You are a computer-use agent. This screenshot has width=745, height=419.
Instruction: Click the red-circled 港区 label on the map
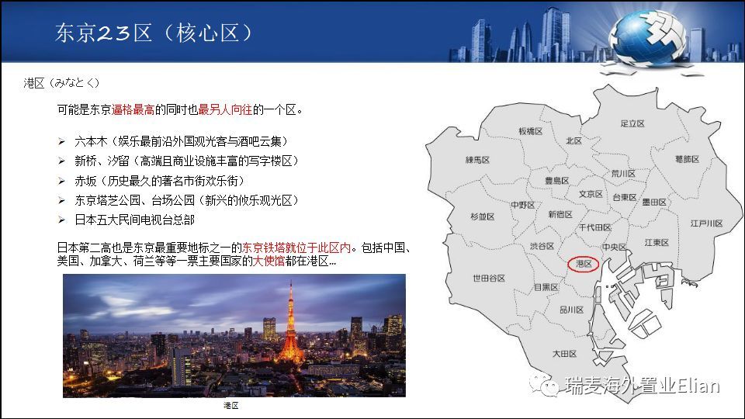click(584, 264)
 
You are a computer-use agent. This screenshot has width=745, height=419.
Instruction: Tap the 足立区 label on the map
click(632, 123)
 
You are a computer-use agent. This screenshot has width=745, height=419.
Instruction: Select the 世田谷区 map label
click(488, 278)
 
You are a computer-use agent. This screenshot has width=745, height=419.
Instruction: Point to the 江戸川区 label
click(706, 223)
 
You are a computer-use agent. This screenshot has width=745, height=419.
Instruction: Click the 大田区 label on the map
click(564, 354)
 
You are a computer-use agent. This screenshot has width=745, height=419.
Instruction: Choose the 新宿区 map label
click(560, 214)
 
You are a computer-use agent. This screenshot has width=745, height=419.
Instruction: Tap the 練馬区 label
click(477, 160)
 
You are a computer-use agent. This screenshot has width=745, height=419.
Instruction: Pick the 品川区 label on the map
click(571, 310)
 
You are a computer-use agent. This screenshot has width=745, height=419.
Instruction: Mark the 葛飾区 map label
click(687, 158)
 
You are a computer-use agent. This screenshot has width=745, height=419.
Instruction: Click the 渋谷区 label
click(542, 246)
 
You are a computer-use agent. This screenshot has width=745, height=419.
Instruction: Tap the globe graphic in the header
click(647, 38)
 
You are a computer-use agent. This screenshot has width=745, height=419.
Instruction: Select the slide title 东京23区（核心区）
click(154, 33)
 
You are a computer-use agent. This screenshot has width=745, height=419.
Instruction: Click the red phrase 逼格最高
click(133, 109)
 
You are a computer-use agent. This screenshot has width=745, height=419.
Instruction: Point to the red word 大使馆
click(269, 261)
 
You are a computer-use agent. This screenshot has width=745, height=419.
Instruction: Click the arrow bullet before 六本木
click(62, 141)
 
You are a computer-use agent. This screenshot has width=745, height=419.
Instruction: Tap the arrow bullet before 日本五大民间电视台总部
click(62, 220)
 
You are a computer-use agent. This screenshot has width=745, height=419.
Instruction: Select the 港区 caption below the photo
click(231, 405)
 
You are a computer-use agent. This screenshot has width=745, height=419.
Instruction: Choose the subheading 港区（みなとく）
click(62, 83)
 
